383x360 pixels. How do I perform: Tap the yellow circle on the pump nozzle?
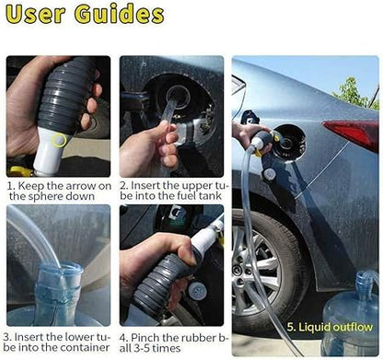pos(60,140)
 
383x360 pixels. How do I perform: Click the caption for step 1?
pos(58,190)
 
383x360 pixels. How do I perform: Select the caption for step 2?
pos(173,190)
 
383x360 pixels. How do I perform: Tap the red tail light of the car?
pos(353,134)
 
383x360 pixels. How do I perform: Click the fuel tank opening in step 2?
pos(178,96)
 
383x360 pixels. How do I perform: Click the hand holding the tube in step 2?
pos(147,147)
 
